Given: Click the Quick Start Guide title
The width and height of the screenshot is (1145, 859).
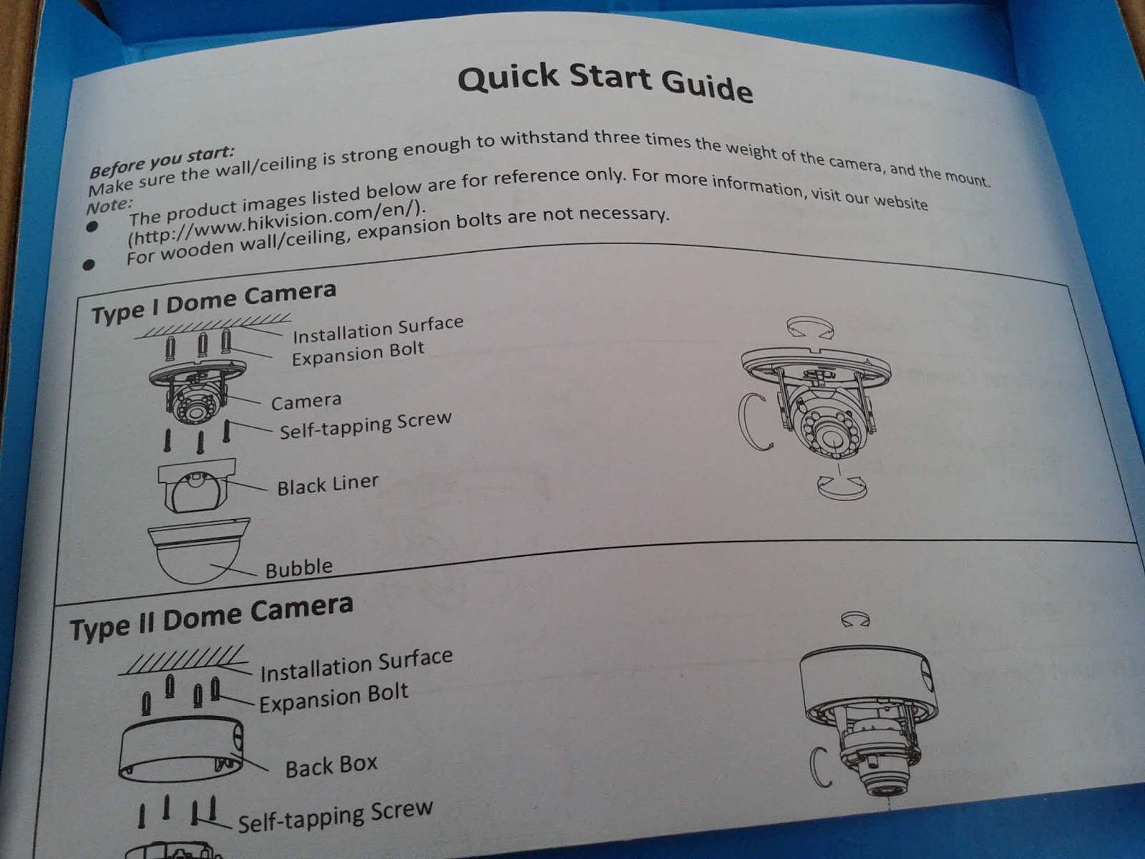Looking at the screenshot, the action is coord(605,84).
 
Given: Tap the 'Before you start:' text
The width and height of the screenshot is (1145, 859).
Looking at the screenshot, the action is coord(162,162).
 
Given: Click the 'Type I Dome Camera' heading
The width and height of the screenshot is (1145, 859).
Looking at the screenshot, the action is coord(214,302).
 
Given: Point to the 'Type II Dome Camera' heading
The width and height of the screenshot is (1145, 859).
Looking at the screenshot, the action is coord(211,618).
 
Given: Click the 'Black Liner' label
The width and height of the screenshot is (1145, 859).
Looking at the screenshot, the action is coord(328,485).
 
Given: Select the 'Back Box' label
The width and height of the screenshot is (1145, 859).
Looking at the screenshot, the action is coord(331,766).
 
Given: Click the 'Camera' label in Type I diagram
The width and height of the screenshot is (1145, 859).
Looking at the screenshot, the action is coord(306,402).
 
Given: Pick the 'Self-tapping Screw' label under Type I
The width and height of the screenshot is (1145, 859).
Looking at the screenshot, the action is coord(365,425).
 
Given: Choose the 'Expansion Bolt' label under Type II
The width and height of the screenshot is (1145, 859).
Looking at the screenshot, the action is coord(334,698).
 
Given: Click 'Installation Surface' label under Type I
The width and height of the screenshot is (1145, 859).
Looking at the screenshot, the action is coord(378,329).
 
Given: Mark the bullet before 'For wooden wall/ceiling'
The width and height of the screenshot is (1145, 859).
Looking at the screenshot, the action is coord(89,265).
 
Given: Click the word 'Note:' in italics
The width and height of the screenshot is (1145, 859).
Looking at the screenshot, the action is coord(109,205).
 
